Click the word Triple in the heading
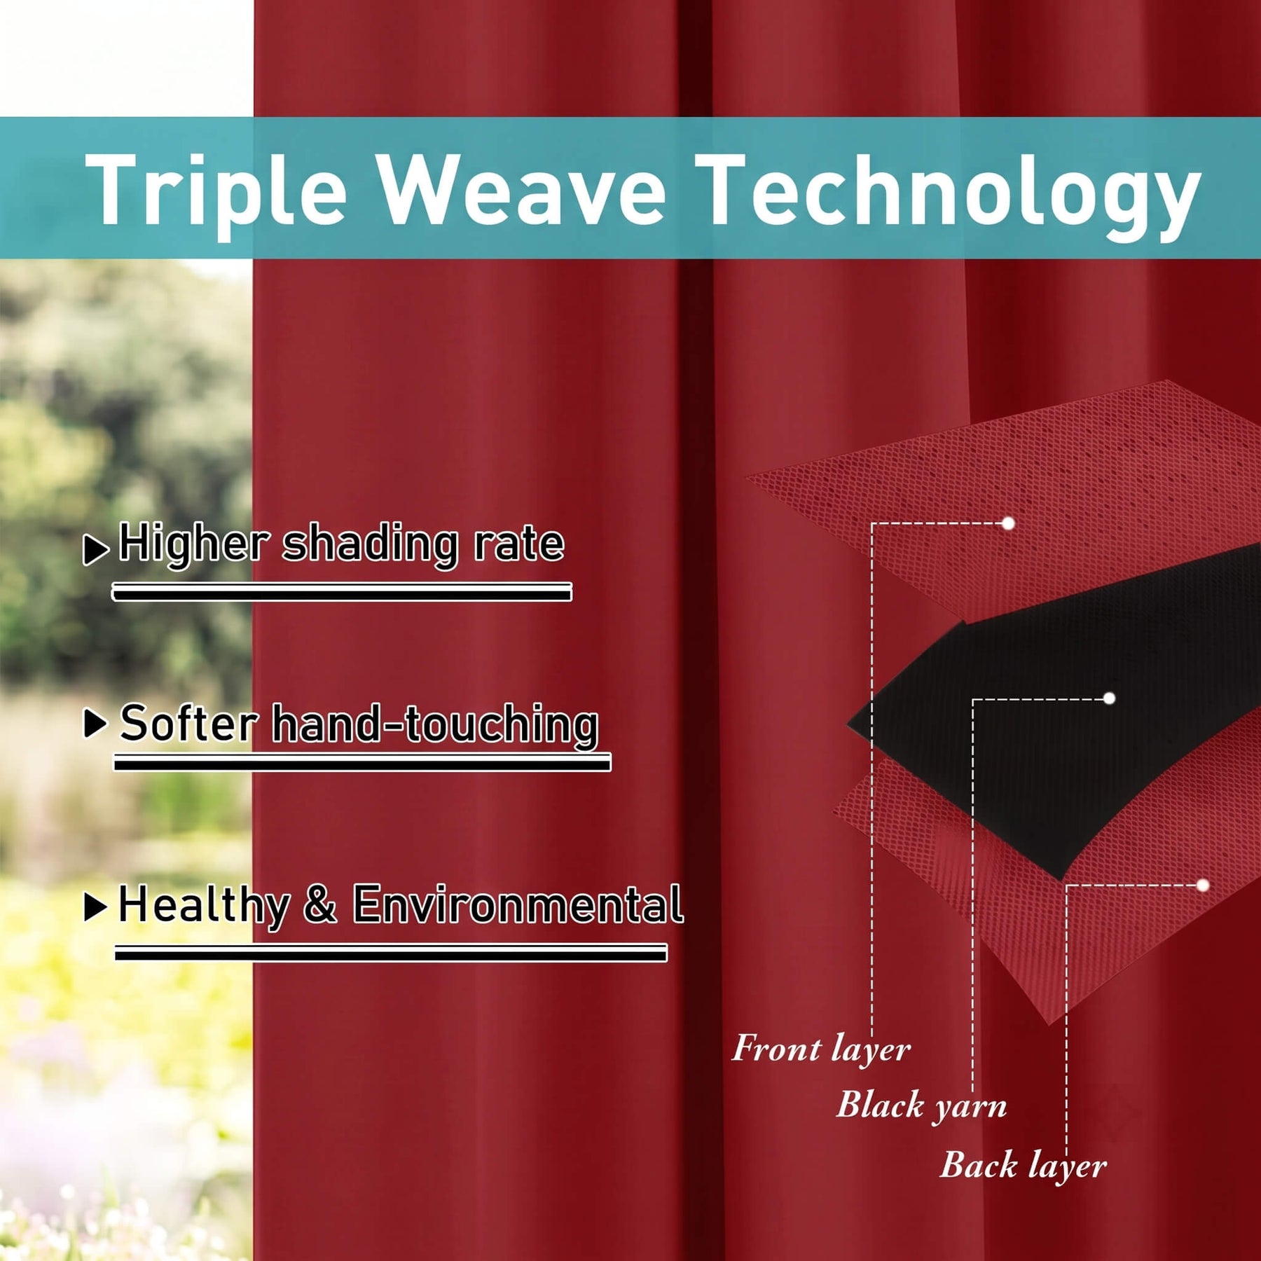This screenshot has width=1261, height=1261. pos(216,191)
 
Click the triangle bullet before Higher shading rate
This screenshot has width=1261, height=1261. pos(96,549)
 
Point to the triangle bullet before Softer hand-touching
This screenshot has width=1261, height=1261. pos(95,724)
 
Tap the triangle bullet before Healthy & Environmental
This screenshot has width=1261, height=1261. pos(95,907)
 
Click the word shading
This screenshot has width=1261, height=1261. pos(369,545)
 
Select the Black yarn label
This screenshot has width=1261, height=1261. pos(921,1106)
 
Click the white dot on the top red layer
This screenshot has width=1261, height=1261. pos(1008,523)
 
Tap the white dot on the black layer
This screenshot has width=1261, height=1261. pos(1109,698)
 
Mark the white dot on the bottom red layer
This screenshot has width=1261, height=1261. pos(1203,886)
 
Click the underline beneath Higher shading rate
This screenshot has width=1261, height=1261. pos(342,593)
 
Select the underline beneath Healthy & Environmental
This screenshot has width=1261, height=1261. pos(391,953)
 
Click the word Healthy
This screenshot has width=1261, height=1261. pos(204,906)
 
